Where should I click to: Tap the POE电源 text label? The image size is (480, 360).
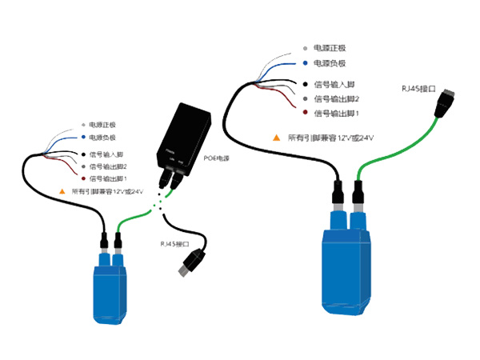click(x=216, y=159)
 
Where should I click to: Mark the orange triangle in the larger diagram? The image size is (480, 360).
click(x=276, y=138)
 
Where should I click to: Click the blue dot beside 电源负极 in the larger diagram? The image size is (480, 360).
click(x=305, y=63)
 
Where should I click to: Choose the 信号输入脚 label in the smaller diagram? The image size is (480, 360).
click(x=107, y=154)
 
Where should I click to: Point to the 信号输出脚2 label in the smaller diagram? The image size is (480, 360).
click(x=108, y=166)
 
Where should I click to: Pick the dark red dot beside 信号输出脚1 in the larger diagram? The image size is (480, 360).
click(x=305, y=114)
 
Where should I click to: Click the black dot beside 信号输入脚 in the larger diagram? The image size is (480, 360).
click(x=305, y=84)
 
